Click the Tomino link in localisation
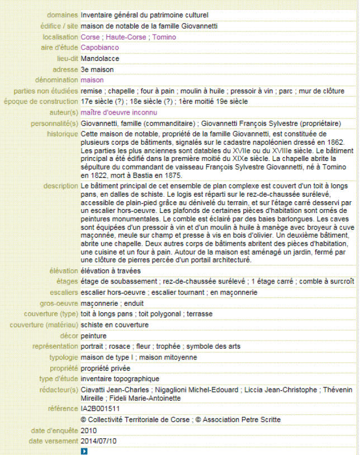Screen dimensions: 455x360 [x=164, y=37]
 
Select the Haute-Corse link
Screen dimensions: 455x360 [x=127, y=37]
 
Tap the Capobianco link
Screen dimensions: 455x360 [x=100, y=48]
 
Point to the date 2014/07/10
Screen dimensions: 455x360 [x=99, y=441]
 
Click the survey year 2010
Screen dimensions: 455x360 [x=89, y=430]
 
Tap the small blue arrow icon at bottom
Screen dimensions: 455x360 [x=84, y=451]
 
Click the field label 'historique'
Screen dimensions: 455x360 [x=63, y=134]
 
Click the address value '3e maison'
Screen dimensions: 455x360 [x=97, y=69]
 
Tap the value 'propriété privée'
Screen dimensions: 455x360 [x=106, y=368]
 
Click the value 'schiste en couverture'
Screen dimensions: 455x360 [x=115, y=325]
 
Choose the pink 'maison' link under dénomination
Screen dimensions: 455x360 [x=92, y=80]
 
